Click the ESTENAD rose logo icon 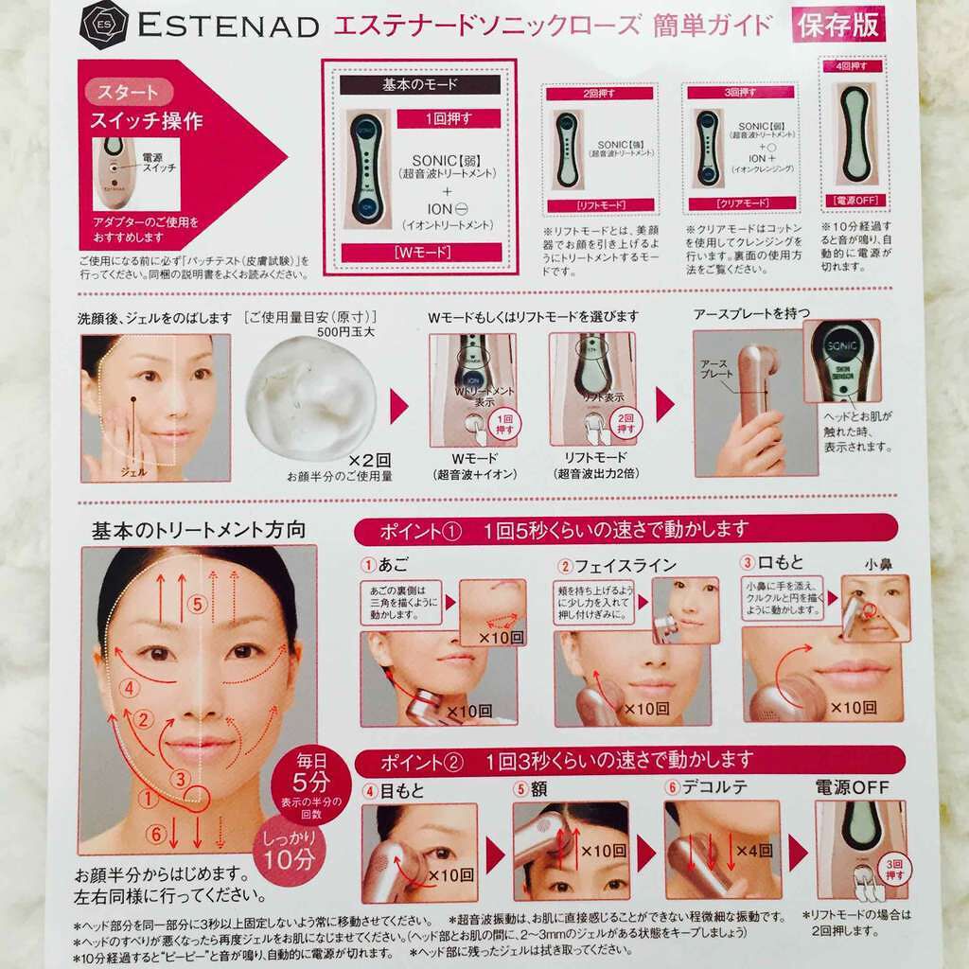(x=103, y=25)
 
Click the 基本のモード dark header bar (x=419, y=85)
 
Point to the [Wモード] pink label (x=419, y=253)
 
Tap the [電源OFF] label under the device (x=854, y=201)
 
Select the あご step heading (x=390, y=565)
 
